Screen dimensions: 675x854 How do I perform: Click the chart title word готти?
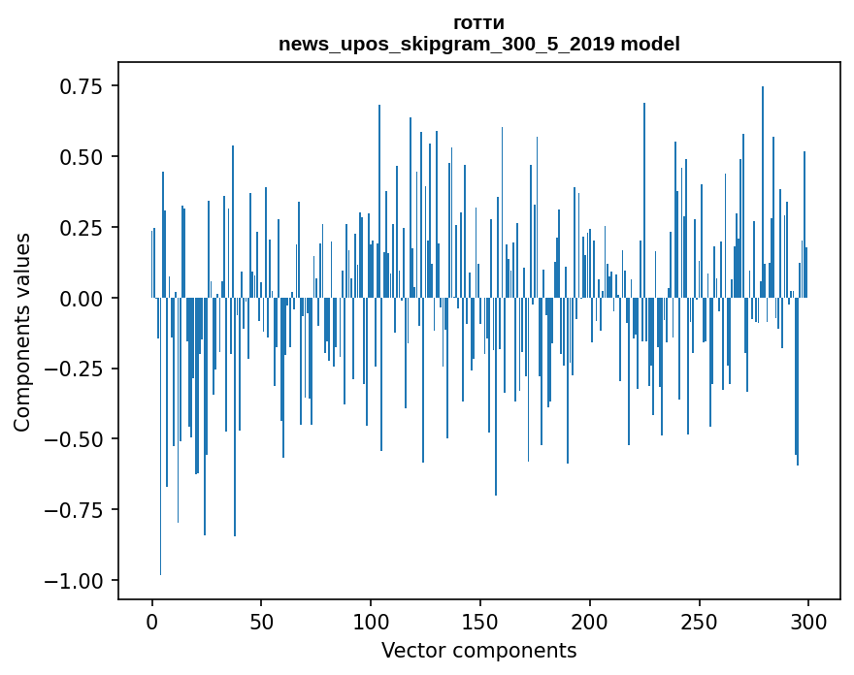(478, 23)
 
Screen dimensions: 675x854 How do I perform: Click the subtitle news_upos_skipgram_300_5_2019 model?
(478, 44)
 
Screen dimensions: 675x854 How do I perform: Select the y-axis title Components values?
(21, 332)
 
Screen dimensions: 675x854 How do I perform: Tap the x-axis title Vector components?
(478, 651)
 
